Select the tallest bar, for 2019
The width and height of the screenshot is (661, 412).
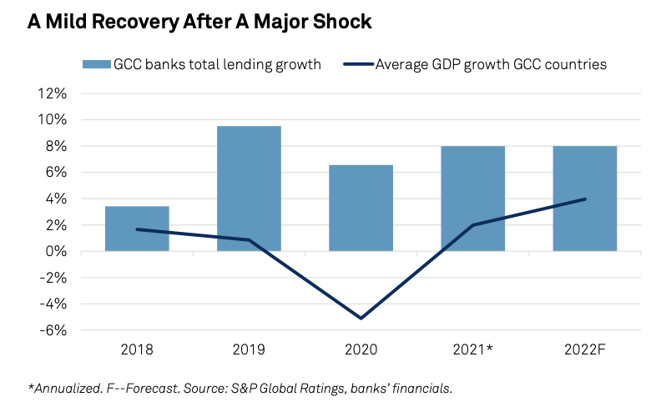point(249,188)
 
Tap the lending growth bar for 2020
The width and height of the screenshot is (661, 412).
point(361,208)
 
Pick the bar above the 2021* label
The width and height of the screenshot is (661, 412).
point(472,198)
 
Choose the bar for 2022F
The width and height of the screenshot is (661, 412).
point(584,198)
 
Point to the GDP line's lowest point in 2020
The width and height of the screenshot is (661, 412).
point(361,318)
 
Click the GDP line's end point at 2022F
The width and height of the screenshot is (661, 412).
point(584,199)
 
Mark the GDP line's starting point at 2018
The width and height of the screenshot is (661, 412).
point(137,229)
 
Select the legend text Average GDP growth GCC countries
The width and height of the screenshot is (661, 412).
point(491,64)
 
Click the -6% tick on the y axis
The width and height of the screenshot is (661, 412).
point(53,330)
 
